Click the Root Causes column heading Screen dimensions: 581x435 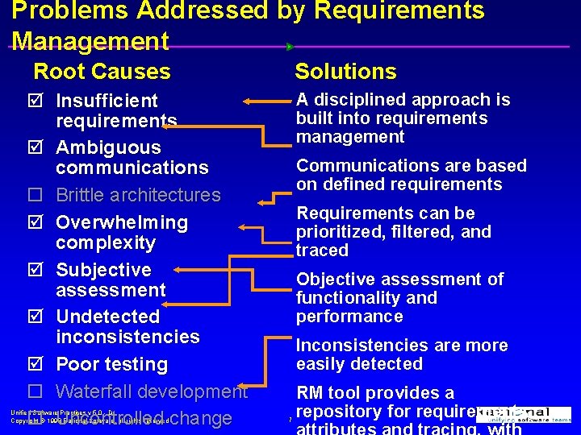pos(102,72)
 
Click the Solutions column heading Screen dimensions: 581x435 pos(345,72)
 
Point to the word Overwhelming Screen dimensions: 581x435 pos(122,222)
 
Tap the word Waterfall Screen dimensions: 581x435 pos(96,391)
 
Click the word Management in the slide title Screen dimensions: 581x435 pos(90,40)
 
